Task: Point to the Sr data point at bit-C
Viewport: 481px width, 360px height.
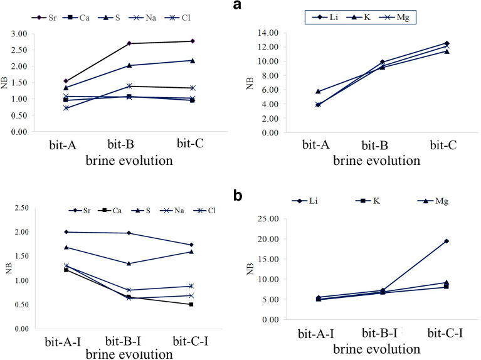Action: tap(192, 41)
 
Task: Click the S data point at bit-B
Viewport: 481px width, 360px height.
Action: tap(129, 65)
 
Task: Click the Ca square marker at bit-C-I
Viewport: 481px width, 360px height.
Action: tap(191, 304)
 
